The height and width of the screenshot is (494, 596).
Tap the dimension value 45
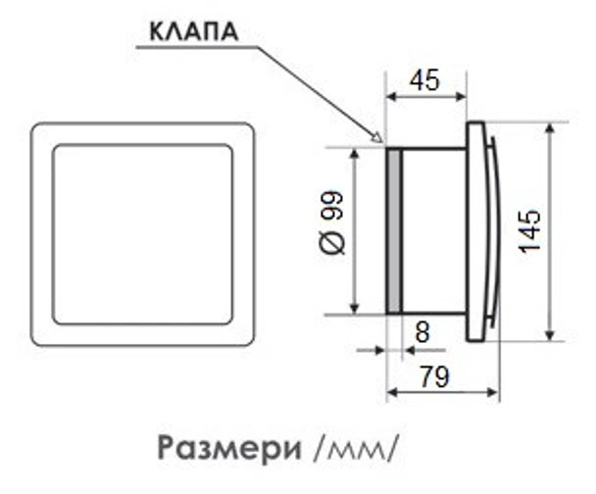[x=423, y=80]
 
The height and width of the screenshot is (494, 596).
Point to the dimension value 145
[x=529, y=231]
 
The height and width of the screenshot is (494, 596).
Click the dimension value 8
[x=422, y=332]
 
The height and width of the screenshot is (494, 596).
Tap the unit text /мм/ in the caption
[x=355, y=448]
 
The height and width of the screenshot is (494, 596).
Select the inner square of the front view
[x=143, y=235]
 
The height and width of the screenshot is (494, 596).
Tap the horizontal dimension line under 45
[x=423, y=97]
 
